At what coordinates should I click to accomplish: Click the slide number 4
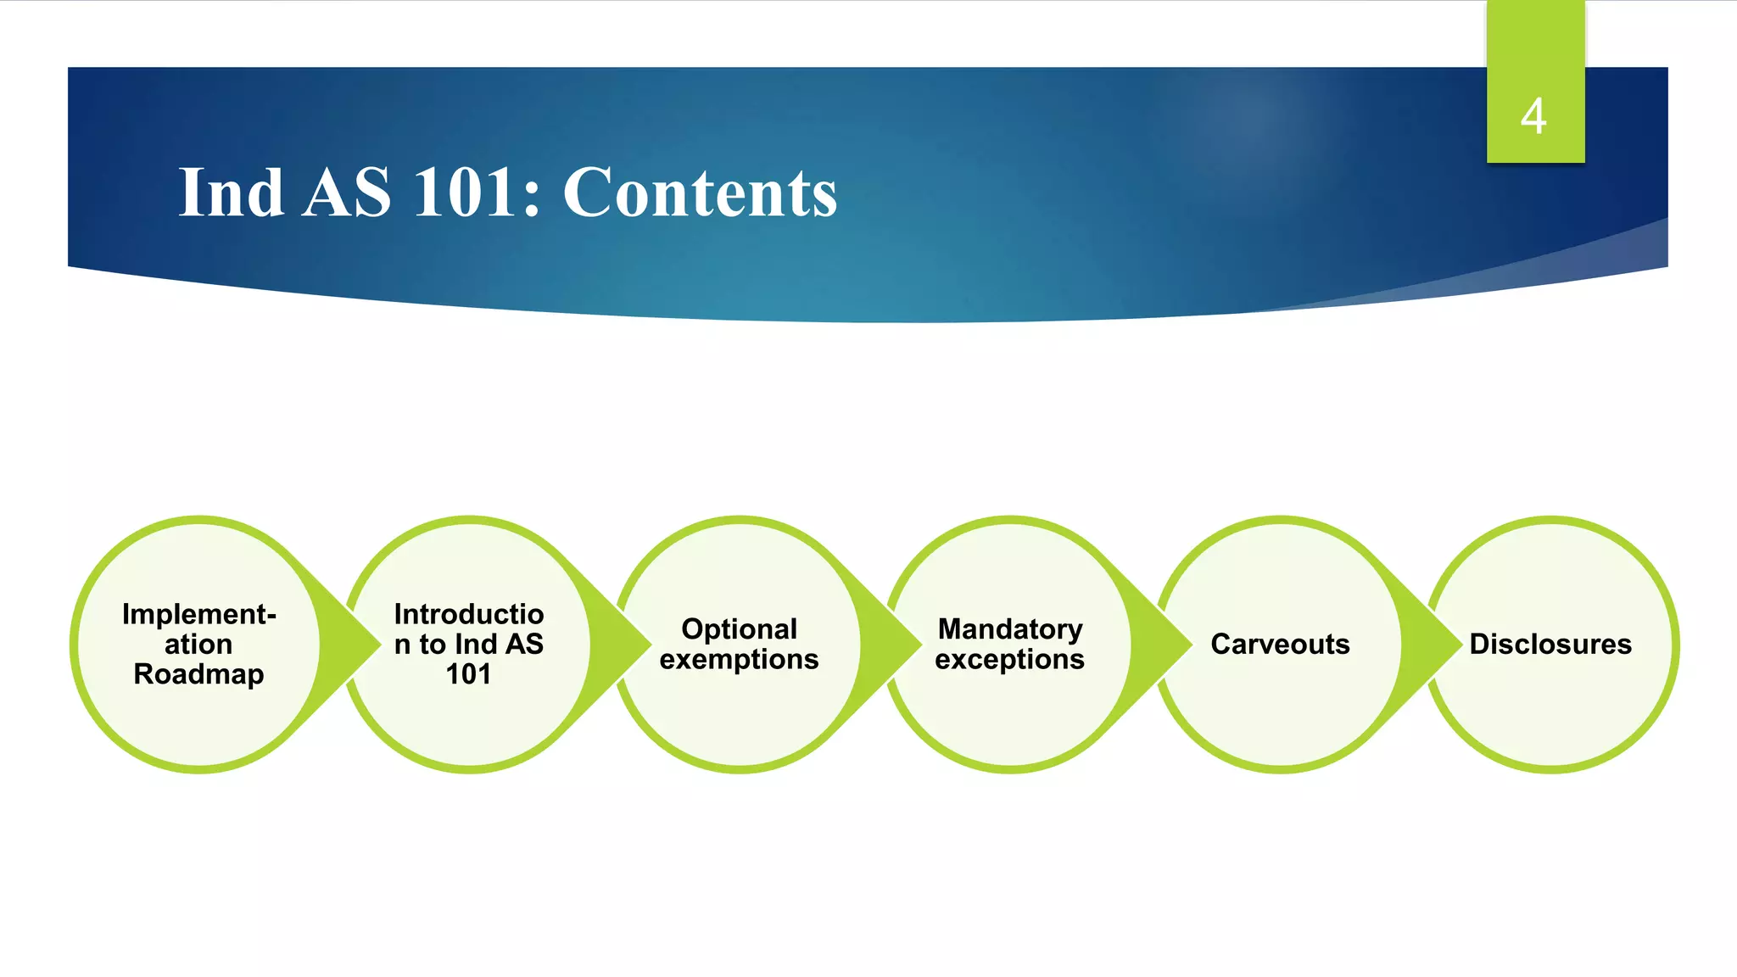click(x=1533, y=116)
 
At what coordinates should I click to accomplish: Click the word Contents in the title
click(x=700, y=193)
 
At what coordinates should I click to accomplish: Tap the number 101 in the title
click(x=476, y=193)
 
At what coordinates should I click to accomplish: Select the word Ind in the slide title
click(x=231, y=193)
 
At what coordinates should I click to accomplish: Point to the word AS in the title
click(x=347, y=193)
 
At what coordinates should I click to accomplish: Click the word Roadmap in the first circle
click(x=198, y=674)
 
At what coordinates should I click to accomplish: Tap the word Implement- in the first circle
click(x=198, y=614)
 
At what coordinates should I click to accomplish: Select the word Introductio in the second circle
click(x=469, y=614)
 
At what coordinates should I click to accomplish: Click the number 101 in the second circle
click(x=468, y=674)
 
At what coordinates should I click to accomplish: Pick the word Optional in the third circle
click(x=739, y=629)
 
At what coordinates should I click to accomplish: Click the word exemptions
click(x=739, y=660)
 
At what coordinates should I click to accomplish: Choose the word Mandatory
click(x=1009, y=629)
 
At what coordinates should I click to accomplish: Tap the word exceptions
click(x=1009, y=660)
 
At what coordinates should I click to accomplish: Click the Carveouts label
click(x=1280, y=645)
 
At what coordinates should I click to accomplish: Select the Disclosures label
click(x=1550, y=645)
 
